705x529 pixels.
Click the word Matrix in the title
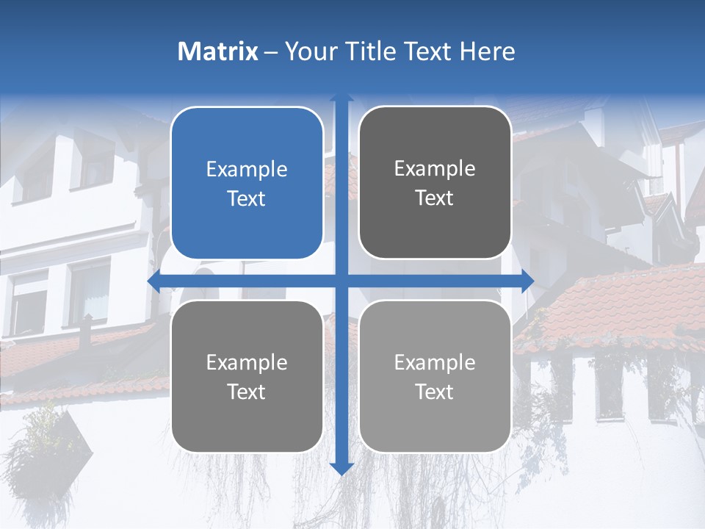coord(217,51)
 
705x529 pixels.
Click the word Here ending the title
coord(487,51)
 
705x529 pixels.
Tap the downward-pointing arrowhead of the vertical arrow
coord(341,468)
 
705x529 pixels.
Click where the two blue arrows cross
coord(341,281)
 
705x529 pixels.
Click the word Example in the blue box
coord(247,170)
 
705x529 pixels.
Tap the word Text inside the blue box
coord(247,198)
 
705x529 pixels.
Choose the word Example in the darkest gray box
coord(435,169)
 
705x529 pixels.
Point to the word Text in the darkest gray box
coord(435,198)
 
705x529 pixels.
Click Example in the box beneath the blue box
coord(247,363)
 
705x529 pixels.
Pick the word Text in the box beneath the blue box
coord(247,392)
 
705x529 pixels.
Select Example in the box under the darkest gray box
coord(435,362)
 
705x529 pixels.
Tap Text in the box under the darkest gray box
coord(435,392)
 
